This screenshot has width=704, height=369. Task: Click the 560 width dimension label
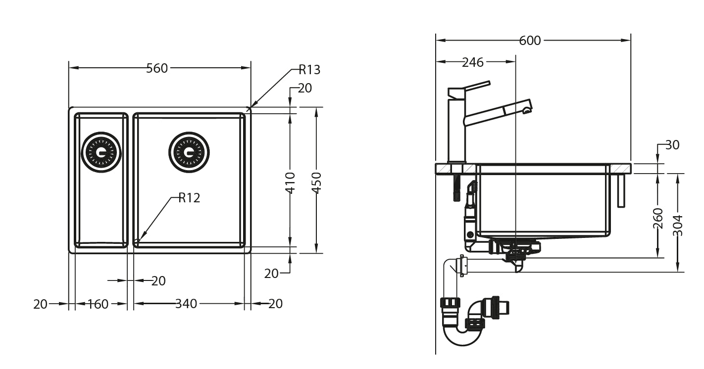point(157,68)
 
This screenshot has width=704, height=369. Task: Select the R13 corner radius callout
point(309,70)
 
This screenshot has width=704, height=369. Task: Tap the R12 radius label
point(189,198)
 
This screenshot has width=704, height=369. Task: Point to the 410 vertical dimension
point(291,183)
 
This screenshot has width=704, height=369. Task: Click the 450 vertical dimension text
point(317,183)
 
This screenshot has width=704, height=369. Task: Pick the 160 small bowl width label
point(98,304)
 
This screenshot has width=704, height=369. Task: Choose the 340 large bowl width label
point(186,304)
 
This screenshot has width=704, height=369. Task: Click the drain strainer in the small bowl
point(101,152)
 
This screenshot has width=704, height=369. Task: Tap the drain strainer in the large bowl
point(189,152)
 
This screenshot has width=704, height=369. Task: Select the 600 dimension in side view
point(530,41)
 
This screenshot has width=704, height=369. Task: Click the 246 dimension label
point(472,62)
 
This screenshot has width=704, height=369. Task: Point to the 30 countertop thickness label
point(672,145)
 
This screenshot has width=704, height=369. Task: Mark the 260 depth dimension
point(658,218)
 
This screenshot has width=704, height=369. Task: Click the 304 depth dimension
point(678,225)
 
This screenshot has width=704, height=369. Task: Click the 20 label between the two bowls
point(158,281)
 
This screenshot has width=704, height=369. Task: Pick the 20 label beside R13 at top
point(305,88)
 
